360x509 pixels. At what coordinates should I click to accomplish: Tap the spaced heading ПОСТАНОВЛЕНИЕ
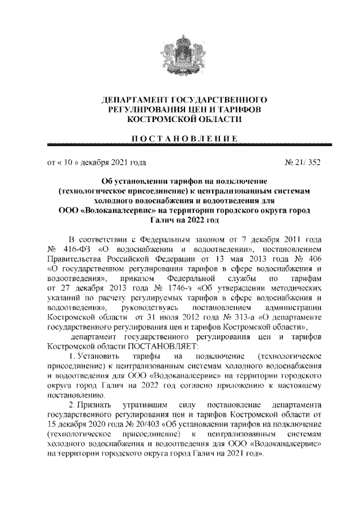[x=180, y=138]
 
